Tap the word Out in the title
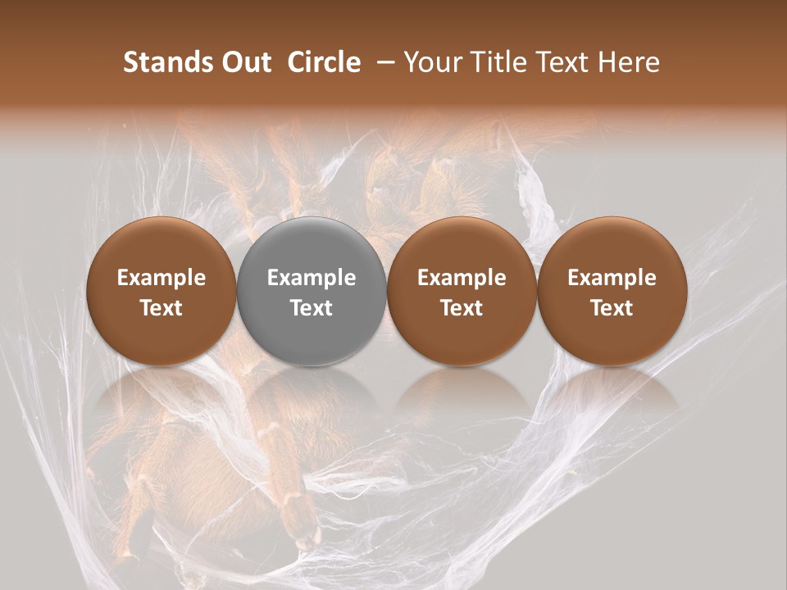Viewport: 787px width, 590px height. click(245, 63)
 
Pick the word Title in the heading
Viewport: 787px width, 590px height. click(498, 63)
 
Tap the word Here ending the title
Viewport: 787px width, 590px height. click(630, 63)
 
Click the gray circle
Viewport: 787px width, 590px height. click(312, 246)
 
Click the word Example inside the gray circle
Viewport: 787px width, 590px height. click(312, 278)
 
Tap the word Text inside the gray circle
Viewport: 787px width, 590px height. click(312, 308)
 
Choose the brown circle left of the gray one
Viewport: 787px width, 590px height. click(161, 246)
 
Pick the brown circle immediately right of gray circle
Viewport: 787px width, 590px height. click(462, 246)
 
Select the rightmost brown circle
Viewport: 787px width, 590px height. click(612, 246)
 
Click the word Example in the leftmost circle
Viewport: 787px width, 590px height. click(161, 278)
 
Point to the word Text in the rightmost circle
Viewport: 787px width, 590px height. click(612, 308)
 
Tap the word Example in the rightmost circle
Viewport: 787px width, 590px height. click(612, 278)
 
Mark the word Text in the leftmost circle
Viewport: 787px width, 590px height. click(161, 308)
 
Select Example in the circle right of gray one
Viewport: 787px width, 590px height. click(462, 278)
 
